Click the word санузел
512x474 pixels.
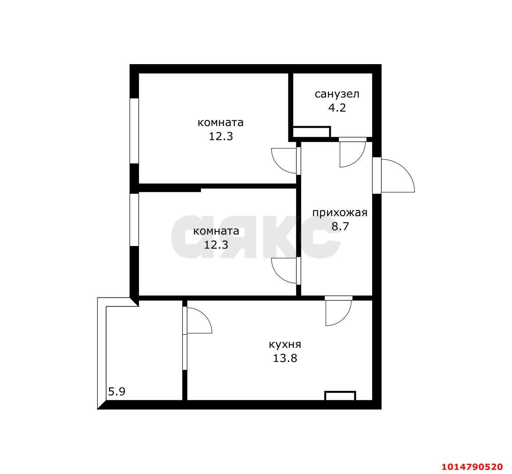pyautogui.click(x=337, y=94)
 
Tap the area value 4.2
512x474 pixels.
pyautogui.click(x=337, y=108)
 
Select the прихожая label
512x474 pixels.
pyautogui.click(x=339, y=213)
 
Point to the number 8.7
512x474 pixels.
pyautogui.click(x=340, y=227)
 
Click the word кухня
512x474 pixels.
pyautogui.click(x=285, y=344)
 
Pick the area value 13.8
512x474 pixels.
pyautogui.click(x=285, y=358)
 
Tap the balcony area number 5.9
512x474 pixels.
pyautogui.click(x=117, y=391)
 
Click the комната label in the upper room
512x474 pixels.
pyautogui.click(x=221, y=123)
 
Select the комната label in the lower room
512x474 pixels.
pyautogui.click(x=216, y=231)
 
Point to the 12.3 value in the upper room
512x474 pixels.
pyautogui.click(x=221, y=136)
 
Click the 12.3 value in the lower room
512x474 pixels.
pyautogui.click(x=216, y=245)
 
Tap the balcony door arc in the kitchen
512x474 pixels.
pyautogui.click(x=199, y=320)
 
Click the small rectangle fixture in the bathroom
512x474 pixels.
pyautogui.click(x=311, y=132)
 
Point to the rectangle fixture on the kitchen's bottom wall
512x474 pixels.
pyautogui.click(x=340, y=396)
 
